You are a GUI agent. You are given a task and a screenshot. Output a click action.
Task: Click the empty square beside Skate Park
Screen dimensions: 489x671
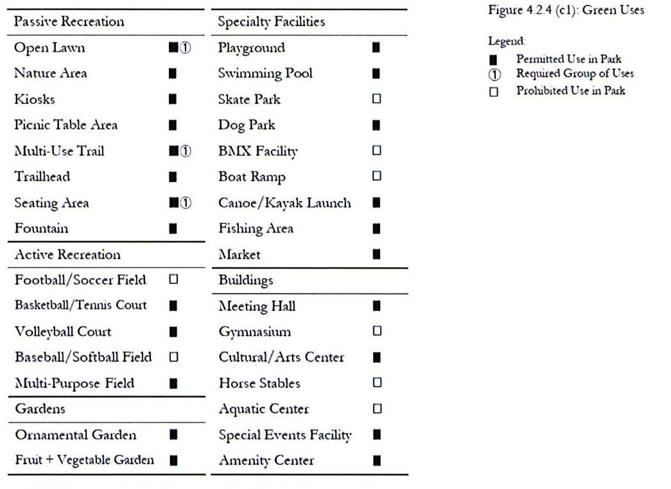click(x=376, y=99)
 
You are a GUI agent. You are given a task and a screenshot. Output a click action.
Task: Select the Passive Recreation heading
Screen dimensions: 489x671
click(x=69, y=21)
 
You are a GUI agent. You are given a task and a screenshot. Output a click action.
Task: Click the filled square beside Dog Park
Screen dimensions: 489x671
click(x=376, y=125)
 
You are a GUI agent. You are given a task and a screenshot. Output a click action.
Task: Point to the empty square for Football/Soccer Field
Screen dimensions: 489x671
click(x=173, y=279)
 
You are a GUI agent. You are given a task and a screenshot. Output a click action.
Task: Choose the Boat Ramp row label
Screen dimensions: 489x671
click(x=252, y=177)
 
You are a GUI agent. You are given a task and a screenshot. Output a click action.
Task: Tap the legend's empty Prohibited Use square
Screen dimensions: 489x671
click(x=494, y=92)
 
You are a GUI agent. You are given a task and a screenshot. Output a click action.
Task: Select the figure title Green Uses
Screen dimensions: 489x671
click(x=566, y=10)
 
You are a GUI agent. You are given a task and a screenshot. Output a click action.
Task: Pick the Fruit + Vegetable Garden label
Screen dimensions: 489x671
click(x=85, y=460)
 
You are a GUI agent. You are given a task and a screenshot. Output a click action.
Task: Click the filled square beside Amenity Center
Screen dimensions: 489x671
click(x=377, y=460)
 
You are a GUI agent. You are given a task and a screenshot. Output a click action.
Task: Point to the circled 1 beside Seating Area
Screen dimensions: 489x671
click(x=186, y=203)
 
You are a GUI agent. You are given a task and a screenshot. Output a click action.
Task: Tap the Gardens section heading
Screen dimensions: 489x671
click(x=40, y=409)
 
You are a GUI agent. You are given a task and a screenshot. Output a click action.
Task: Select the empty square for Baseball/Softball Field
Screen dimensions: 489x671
click(x=174, y=357)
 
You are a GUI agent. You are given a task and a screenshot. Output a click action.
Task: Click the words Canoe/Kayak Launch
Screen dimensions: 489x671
click(x=284, y=203)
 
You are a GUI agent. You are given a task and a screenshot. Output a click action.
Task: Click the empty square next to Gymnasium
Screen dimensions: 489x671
click(x=377, y=331)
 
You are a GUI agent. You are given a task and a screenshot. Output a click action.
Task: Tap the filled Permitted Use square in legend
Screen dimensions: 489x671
click(x=493, y=60)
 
